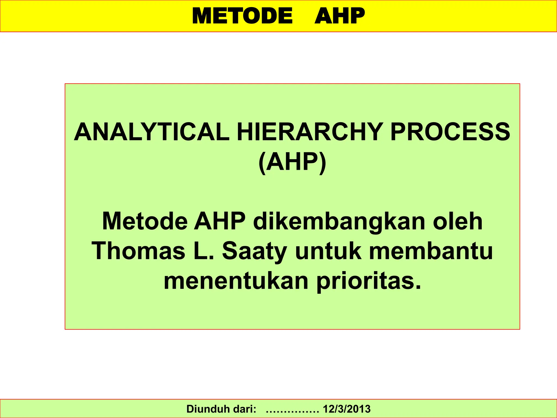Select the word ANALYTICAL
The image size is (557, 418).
click(151, 132)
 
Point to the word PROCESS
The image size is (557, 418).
click(450, 132)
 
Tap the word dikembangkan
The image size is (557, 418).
click(339, 221)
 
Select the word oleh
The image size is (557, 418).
click(458, 221)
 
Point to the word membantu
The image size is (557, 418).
click(431, 251)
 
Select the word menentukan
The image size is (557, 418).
click(236, 281)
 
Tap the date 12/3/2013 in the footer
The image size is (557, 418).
click(346, 409)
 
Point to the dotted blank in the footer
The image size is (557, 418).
click(292, 410)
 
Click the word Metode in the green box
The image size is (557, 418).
click(145, 221)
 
